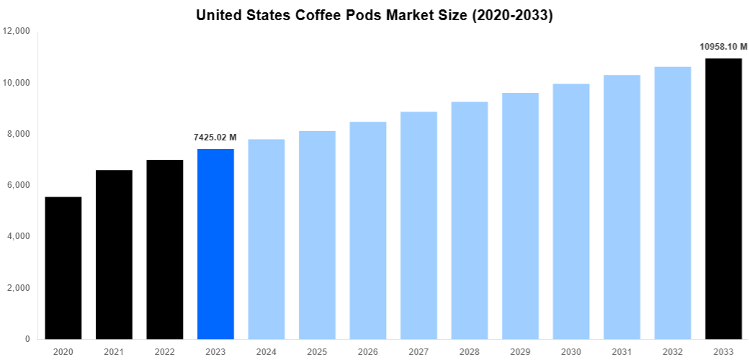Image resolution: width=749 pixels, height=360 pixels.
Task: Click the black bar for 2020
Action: pos(63,268)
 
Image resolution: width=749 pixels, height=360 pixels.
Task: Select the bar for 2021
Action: pos(114,254)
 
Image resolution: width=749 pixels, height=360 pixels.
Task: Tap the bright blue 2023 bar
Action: pos(215,244)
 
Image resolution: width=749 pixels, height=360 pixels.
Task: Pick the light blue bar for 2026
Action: pos(368,230)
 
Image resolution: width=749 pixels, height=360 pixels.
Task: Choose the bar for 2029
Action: pos(520,216)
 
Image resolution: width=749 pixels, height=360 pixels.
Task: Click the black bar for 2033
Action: pos(723,199)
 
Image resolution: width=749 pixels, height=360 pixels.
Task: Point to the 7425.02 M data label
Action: pos(215,138)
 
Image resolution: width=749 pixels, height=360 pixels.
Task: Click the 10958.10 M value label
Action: pos(723,47)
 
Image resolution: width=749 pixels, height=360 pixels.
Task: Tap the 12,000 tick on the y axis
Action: pos(16,32)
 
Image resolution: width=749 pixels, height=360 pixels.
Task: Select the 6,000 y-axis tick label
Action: pos(18,185)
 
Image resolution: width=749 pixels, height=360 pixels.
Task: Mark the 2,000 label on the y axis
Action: pos(18,288)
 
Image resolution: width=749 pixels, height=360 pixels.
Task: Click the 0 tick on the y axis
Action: pos(27,339)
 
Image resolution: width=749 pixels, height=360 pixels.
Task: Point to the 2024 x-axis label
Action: pos(266,351)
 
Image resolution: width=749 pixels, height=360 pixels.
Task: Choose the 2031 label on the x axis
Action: pos(622,351)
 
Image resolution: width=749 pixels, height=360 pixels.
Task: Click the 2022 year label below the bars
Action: pos(164,351)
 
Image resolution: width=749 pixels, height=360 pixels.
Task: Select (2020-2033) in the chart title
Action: pos(512,15)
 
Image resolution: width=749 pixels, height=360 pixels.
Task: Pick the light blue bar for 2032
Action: pos(673,203)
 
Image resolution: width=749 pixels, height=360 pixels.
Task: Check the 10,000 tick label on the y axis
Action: pos(16,83)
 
